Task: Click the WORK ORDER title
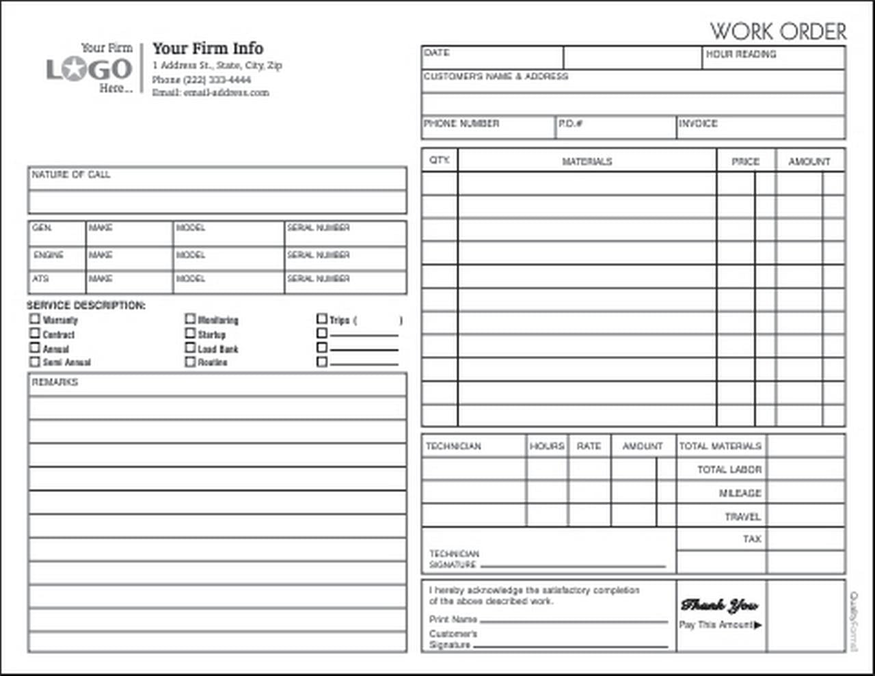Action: (778, 31)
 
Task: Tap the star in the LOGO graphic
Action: (85, 69)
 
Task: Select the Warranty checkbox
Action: (35, 319)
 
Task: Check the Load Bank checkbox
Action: (190, 347)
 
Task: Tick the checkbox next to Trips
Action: (322, 319)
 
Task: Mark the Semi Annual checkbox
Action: (35, 362)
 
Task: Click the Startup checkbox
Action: (190, 333)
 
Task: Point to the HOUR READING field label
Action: (741, 53)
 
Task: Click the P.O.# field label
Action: (570, 124)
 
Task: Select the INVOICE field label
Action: (698, 124)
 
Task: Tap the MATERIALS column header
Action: (587, 162)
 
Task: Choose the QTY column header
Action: (440, 160)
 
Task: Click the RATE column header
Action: (589, 446)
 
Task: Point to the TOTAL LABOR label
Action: (729, 470)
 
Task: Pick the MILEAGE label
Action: (740, 493)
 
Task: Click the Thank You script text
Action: (719, 605)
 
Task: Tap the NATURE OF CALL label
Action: (70, 175)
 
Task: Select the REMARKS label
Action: (55, 382)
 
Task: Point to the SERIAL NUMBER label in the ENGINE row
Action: (318, 255)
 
